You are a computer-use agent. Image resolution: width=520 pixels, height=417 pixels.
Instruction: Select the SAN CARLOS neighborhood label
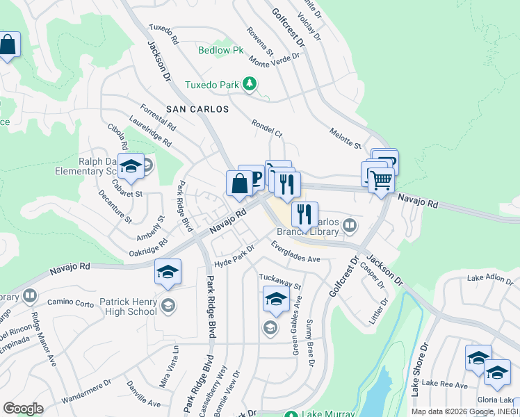tap(197, 109)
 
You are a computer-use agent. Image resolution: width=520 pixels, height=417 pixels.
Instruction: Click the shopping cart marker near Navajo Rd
tap(381, 181)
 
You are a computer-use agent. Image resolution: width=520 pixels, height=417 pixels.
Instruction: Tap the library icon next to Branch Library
tap(350, 224)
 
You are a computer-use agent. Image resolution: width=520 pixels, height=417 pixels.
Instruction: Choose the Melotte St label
tap(346, 138)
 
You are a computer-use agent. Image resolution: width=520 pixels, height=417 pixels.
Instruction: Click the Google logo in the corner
tap(23, 409)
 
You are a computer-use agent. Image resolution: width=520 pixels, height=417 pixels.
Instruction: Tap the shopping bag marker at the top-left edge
tap(8, 46)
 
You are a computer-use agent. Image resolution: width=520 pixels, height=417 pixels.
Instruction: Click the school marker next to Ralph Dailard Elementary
tap(131, 167)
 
